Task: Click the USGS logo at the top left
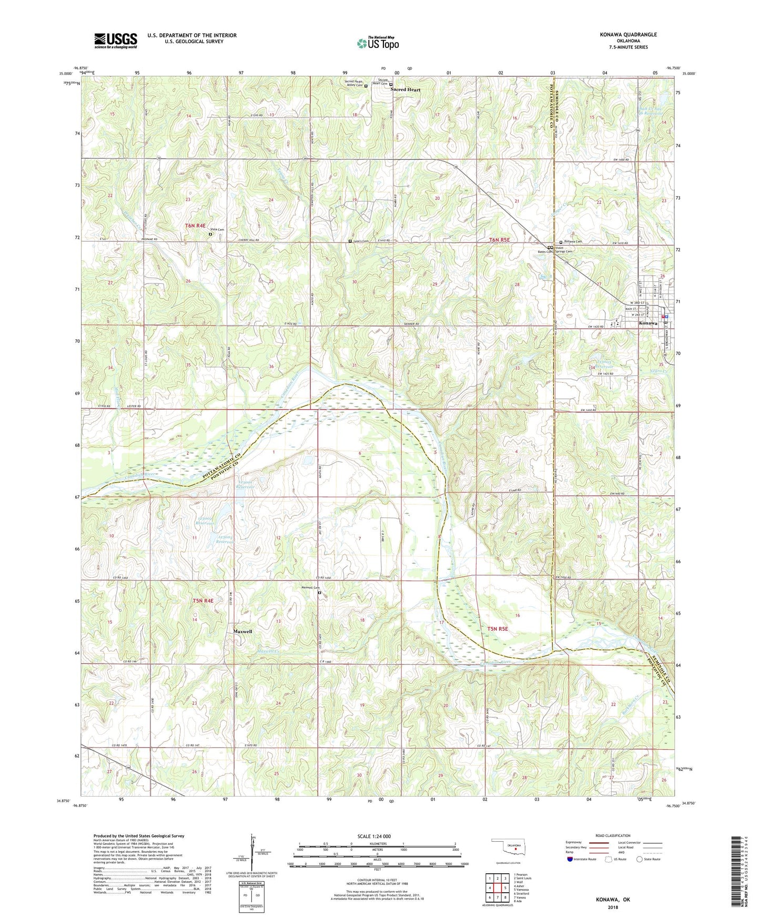pos(116,40)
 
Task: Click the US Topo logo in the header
pos(378,43)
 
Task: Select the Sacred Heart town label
pos(406,90)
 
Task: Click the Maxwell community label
pos(242,631)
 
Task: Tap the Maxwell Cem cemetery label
pos(310,588)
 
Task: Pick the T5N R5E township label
pos(498,629)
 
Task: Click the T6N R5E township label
pos(500,240)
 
